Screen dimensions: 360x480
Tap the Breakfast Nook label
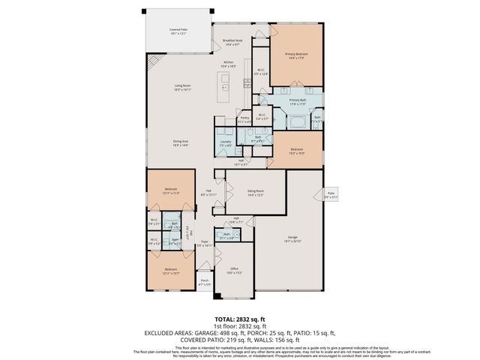click(232, 43)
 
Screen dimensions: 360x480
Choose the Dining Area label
click(180, 142)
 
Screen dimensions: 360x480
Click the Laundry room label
click(224, 142)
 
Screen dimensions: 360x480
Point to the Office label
click(234, 271)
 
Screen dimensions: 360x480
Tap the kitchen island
click(223, 84)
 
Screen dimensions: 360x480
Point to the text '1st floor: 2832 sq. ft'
click(239, 326)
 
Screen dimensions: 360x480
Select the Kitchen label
click(229, 64)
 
